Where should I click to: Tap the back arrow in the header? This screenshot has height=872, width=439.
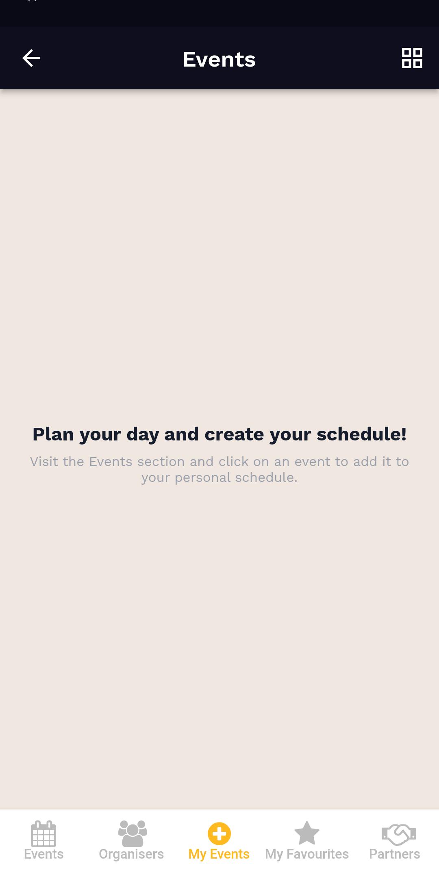(31, 58)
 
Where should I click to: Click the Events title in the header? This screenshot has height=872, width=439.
(219, 59)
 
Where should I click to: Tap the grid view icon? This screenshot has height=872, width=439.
(412, 58)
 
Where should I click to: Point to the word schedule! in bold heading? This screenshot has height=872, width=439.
(362, 434)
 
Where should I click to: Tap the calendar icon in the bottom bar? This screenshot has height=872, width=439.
(43, 833)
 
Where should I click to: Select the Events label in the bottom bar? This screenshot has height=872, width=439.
(43, 854)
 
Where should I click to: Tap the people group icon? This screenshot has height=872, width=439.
(133, 833)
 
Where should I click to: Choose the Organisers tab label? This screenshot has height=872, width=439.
(131, 855)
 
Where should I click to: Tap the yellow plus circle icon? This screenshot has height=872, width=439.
(219, 833)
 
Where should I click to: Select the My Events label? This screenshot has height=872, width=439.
(219, 855)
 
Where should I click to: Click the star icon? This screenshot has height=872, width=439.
(307, 833)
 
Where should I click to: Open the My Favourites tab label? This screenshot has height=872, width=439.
(307, 855)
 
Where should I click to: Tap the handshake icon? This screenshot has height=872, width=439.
(399, 834)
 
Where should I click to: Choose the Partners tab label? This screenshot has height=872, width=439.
(394, 854)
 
